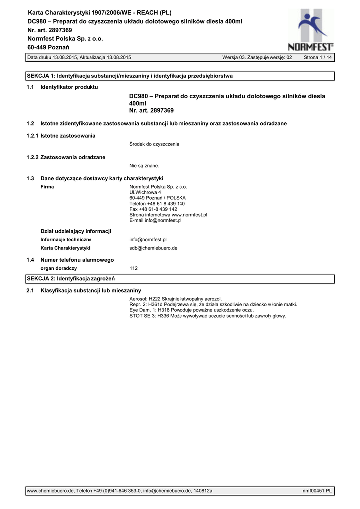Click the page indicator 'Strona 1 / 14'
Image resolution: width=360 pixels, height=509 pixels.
pos(318,58)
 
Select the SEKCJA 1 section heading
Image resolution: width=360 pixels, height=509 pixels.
pos(129,76)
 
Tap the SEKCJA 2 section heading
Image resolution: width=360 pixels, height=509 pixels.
pos(71,278)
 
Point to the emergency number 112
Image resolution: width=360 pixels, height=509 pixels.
pos(133,268)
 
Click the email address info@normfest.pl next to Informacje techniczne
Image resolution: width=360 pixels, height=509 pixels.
pos(148,239)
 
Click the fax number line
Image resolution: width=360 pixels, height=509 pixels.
pos(153,209)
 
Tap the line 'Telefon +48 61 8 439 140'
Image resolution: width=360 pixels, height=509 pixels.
pos(157,204)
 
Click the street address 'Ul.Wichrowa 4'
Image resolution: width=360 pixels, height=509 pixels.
pos(145,192)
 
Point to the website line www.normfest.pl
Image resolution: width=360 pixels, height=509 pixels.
pos(168,215)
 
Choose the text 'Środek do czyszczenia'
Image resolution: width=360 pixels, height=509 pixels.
pos(154,144)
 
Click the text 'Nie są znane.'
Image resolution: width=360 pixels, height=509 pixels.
pos(144,166)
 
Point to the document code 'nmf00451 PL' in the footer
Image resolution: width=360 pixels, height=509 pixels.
pos(317,491)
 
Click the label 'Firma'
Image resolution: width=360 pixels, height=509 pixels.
pos(47,187)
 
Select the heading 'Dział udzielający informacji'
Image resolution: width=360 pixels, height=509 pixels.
pos(76,231)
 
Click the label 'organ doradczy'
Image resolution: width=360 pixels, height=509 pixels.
pos(58,268)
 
